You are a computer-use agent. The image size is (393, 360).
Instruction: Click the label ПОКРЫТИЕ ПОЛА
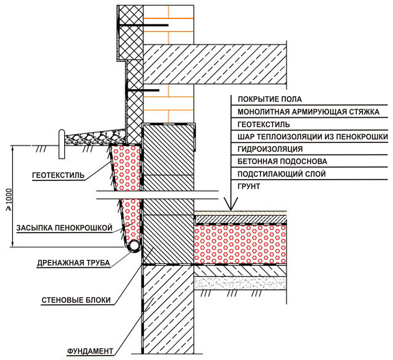point(270,100)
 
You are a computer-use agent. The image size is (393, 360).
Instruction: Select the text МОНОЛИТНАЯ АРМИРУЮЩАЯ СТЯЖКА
point(308,112)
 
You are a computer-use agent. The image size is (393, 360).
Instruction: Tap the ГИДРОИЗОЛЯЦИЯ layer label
point(270,149)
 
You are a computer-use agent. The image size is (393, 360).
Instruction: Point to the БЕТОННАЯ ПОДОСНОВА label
point(282,162)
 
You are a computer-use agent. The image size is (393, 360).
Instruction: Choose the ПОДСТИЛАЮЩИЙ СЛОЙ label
point(282,174)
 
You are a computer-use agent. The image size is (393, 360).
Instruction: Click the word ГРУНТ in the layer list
point(249,186)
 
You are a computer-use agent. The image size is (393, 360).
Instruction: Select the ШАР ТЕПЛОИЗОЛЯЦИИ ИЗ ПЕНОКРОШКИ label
point(313,137)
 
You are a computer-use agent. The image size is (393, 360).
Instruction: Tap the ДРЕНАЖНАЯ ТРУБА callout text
point(73,263)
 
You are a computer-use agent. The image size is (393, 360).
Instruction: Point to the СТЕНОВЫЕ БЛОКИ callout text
point(76,300)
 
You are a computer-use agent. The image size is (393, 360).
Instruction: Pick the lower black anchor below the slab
point(142,91)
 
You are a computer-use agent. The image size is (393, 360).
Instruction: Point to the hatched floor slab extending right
point(215,64)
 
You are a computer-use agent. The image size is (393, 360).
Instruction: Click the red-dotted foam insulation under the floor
point(240,244)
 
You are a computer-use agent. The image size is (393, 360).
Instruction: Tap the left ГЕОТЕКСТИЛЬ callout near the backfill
point(58,176)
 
